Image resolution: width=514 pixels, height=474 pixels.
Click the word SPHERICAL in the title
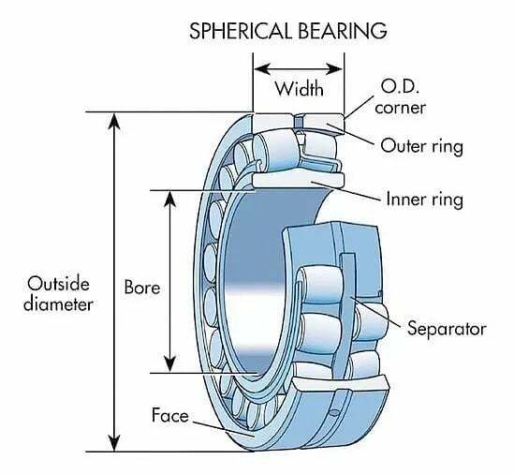pos(240,31)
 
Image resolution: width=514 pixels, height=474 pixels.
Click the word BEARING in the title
pos(343,31)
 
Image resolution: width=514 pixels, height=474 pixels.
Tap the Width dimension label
pos(300,89)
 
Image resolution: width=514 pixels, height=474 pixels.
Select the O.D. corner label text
pos(401,97)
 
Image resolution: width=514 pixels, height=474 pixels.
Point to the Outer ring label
pos(422,146)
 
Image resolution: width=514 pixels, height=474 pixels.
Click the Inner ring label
pos(425,200)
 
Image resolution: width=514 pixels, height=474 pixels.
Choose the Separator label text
pos(447,328)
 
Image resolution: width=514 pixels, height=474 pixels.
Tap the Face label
pos(170,415)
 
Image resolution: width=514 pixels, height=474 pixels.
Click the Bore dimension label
pos(142,288)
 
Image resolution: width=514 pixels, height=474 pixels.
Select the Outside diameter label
pos(58,294)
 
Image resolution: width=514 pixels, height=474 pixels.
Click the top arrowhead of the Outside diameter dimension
pos(113,121)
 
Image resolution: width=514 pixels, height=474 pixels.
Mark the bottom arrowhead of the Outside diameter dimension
pos(113,443)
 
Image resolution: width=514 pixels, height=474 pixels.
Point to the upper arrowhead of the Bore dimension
pos(169,200)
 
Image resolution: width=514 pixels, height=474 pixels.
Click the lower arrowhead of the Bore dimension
pos(169,364)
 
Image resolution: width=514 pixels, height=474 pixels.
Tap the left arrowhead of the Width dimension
pos(262,69)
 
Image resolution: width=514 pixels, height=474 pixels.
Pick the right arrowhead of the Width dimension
pos(334,69)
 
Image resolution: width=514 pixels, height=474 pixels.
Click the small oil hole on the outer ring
pos(333,412)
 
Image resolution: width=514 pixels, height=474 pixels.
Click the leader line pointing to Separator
pos(375,313)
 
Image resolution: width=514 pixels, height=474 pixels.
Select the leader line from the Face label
pos(224,429)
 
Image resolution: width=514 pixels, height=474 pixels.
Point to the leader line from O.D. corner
pos(359,108)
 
